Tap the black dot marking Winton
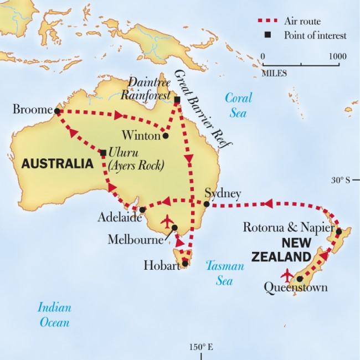coord(165,135)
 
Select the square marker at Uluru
coord(104,152)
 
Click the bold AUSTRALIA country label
coord(56,164)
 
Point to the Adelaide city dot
coord(142,209)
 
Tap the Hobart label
coord(161,265)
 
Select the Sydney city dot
coord(205,204)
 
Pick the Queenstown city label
coord(296,287)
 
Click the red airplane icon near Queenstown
coord(287,275)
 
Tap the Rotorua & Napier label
coord(287,228)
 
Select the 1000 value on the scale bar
coord(337,56)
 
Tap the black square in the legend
coord(269,35)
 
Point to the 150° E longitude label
coord(200,347)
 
